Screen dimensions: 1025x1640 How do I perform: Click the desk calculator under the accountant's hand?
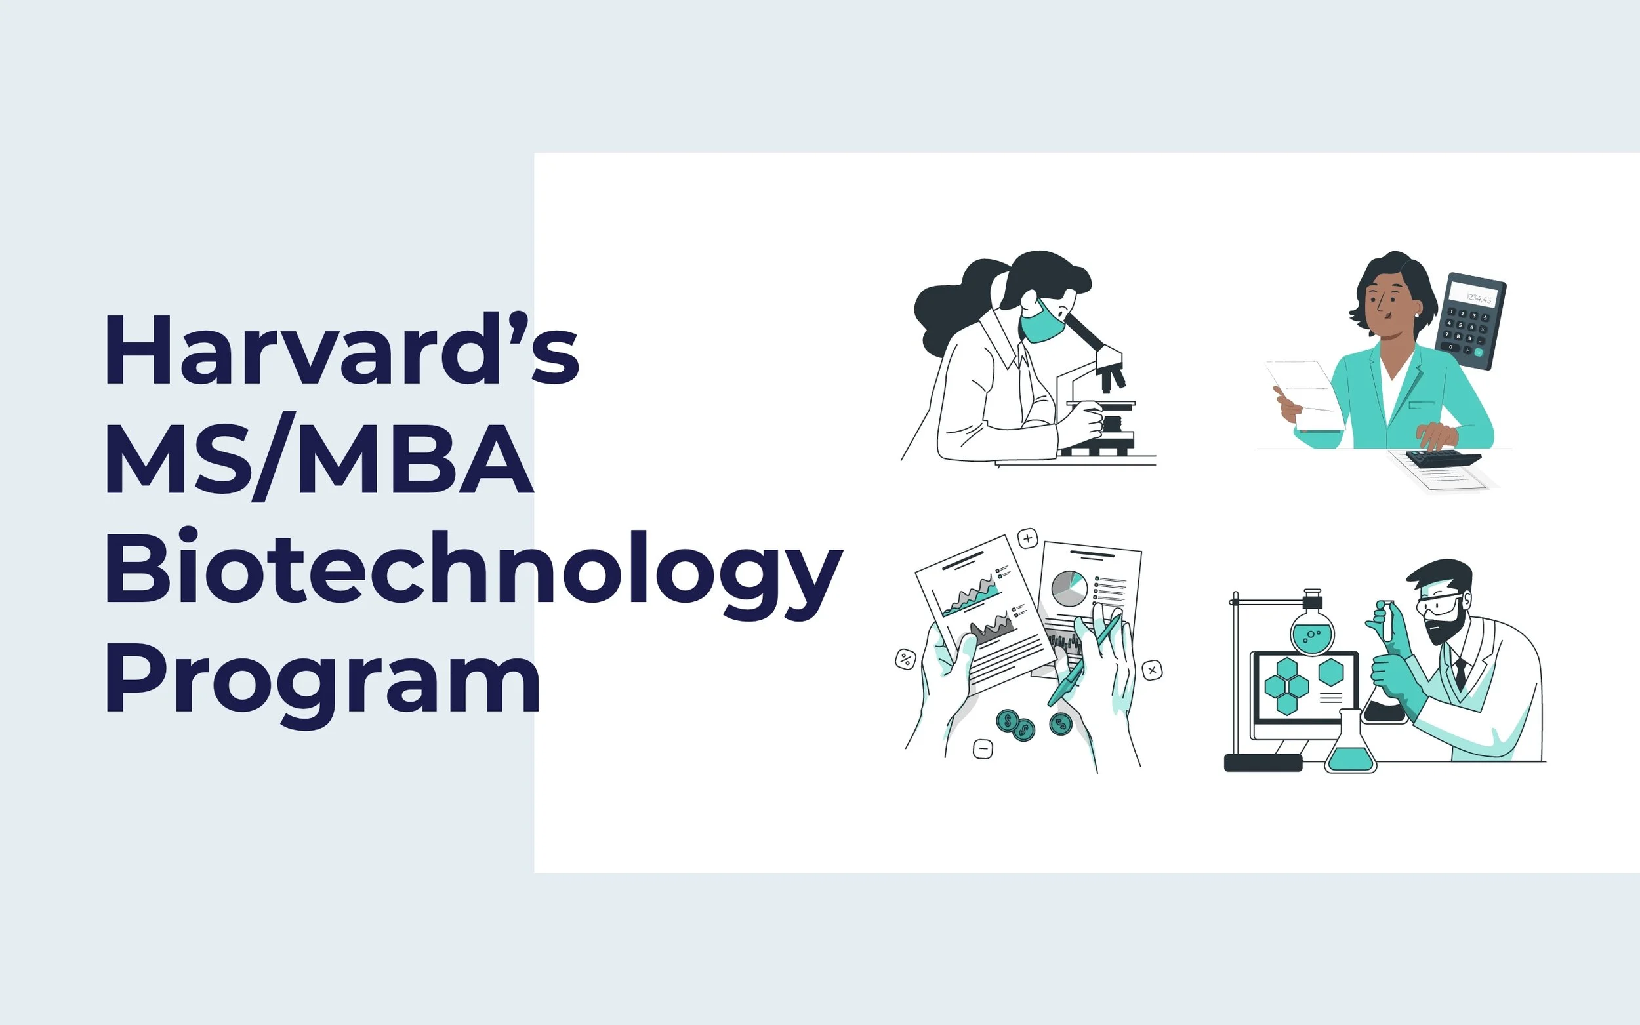(1444, 460)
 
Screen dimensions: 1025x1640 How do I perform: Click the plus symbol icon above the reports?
(1028, 539)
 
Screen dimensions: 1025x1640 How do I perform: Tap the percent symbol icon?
(905, 658)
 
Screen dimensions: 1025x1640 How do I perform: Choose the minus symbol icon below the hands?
(983, 749)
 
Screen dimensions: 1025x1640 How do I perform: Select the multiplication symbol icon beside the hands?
(1152, 670)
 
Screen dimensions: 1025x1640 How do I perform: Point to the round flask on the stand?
(1312, 630)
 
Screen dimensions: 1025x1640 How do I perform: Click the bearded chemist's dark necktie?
(1460, 672)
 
